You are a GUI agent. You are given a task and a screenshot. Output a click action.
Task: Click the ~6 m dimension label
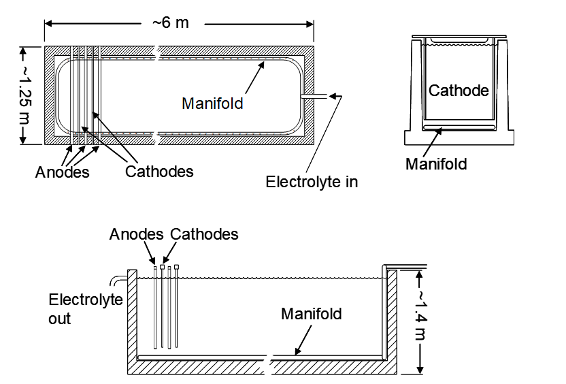tap(171, 22)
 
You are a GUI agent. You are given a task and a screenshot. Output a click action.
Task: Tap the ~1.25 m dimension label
tap(22, 95)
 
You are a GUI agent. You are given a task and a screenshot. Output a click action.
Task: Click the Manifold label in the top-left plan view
tap(212, 103)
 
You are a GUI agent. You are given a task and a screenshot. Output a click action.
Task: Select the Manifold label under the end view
tap(436, 163)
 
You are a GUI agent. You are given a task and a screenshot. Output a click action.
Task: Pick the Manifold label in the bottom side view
tap(312, 314)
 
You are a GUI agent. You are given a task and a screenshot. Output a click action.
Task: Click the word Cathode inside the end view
tap(459, 91)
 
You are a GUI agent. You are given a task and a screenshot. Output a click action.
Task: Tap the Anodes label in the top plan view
tap(63, 172)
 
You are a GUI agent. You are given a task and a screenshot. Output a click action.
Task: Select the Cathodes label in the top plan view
tap(159, 171)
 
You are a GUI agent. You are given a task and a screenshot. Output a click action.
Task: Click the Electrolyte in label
tap(312, 182)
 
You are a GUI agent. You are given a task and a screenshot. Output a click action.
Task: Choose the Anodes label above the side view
tap(137, 234)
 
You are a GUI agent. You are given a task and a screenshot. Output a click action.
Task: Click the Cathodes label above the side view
tap(204, 234)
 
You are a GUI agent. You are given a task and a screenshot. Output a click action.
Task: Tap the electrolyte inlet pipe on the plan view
tap(315, 97)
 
